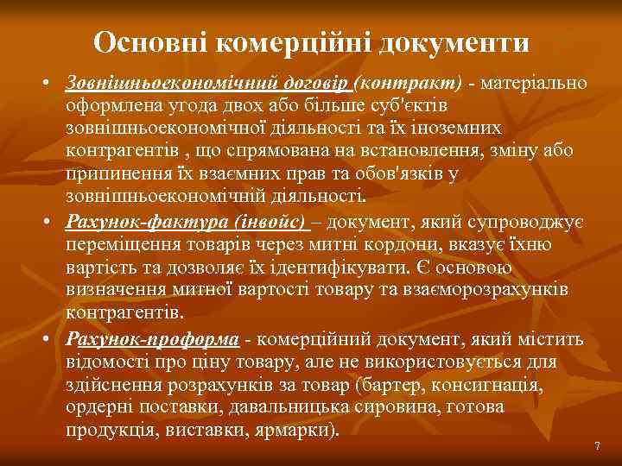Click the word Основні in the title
pos(149,42)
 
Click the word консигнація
pos(492,384)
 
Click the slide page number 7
pos(596,445)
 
